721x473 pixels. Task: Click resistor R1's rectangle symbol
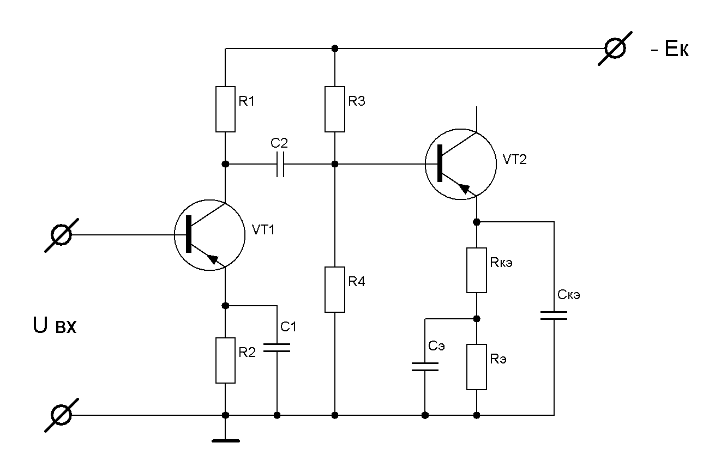(x=225, y=109)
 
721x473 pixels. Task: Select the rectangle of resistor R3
(x=335, y=109)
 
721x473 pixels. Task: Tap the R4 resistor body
(x=335, y=289)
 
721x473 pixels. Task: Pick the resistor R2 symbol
(x=225, y=360)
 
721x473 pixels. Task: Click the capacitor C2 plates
(x=280, y=165)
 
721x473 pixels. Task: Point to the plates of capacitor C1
(x=277, y=348)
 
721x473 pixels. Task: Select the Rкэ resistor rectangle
(x=476, y=270)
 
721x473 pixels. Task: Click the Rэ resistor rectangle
(x=476, y=367)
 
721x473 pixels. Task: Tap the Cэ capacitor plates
(x=425, y=367)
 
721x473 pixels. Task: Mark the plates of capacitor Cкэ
(x=554, y=316)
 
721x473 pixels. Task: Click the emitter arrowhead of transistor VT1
(x=214, y=259)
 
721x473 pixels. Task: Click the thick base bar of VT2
(x=440, y=163)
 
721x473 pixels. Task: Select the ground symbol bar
(x=226, y=441)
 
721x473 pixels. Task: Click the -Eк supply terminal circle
(x=615, y=48)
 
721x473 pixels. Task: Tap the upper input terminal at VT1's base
(x=61, y=235)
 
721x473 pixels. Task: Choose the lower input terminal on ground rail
(x=61, y=415)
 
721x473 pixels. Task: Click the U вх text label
(x=55, y=325)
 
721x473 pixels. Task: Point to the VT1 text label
(x=263, y=230)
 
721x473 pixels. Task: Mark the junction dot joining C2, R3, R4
(x=335, y=164)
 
